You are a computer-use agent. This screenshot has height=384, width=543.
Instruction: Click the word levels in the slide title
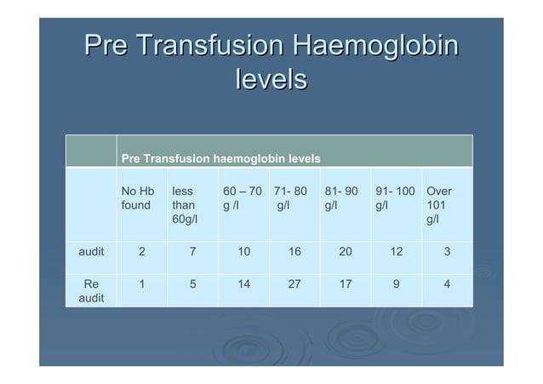click(x=270, y=81)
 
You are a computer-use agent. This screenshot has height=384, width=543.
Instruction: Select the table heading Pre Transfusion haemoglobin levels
click(x=220, y=158)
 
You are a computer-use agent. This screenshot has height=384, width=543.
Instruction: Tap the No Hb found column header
click(x=139, y=198)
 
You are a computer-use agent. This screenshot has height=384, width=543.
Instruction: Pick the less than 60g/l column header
click(x=184, y=205)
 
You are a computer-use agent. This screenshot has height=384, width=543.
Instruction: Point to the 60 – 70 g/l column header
click(x=242, y=198)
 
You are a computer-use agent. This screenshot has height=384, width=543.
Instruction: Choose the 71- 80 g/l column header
click(x=289, y=198)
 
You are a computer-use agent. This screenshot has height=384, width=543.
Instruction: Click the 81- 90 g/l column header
click(x=340, y=198)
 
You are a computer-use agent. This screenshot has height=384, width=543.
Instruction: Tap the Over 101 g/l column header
click(x=438, y=205)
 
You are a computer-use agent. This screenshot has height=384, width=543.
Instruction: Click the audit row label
click(x=91, y=252)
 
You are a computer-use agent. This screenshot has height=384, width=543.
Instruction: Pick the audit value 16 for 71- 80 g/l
click(x=294, y=252)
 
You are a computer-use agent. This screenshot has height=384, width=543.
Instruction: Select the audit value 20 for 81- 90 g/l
click(x=345, y=252)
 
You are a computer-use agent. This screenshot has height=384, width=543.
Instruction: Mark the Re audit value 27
click(x=294, y=285)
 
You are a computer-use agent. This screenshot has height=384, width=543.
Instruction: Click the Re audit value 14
click(x=243, y=285)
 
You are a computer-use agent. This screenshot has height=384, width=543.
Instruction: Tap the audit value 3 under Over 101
click(x=447, y=252)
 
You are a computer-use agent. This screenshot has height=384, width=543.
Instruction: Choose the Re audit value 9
click(x=396, y=285)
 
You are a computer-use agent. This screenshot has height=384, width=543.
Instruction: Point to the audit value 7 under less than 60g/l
click(x=192, y=252)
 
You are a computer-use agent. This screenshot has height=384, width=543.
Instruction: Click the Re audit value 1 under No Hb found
click(x=141, y=285)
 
